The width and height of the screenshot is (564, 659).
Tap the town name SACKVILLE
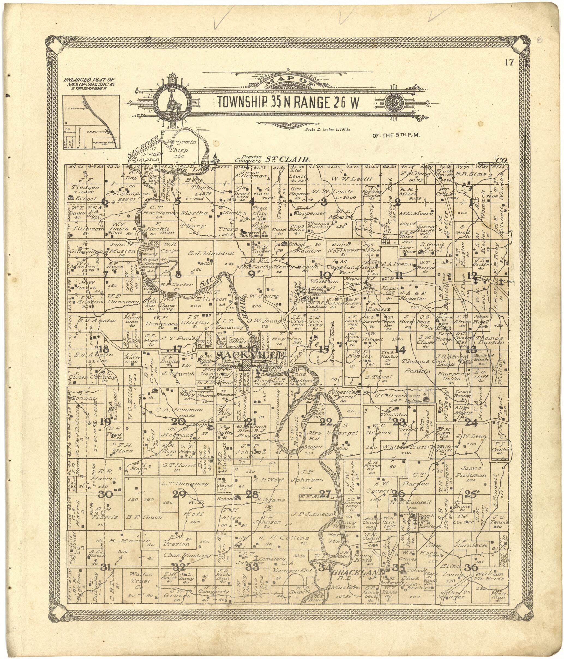(x=250, y=355)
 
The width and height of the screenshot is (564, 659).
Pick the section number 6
(x=104, y=201)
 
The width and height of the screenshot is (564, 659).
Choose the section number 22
(x=326, y=422)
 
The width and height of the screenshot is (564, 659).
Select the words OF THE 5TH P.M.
(x=397, y=136)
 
